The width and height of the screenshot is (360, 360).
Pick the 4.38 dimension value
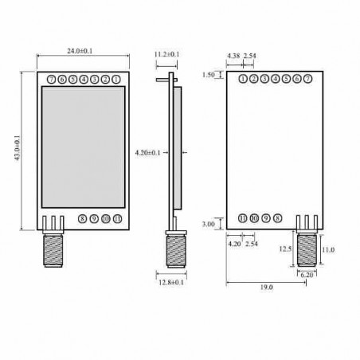point(233,56)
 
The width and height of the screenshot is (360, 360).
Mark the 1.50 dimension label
point(209,76)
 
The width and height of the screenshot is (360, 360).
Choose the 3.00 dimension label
point(209,225)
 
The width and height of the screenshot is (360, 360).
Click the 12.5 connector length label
point(284,248)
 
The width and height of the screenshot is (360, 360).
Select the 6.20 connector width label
point(306,274)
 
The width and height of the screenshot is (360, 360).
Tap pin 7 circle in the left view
point(51,80)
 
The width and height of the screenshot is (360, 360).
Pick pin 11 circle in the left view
point(118,217)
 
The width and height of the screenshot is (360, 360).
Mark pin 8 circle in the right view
point(276,218)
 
